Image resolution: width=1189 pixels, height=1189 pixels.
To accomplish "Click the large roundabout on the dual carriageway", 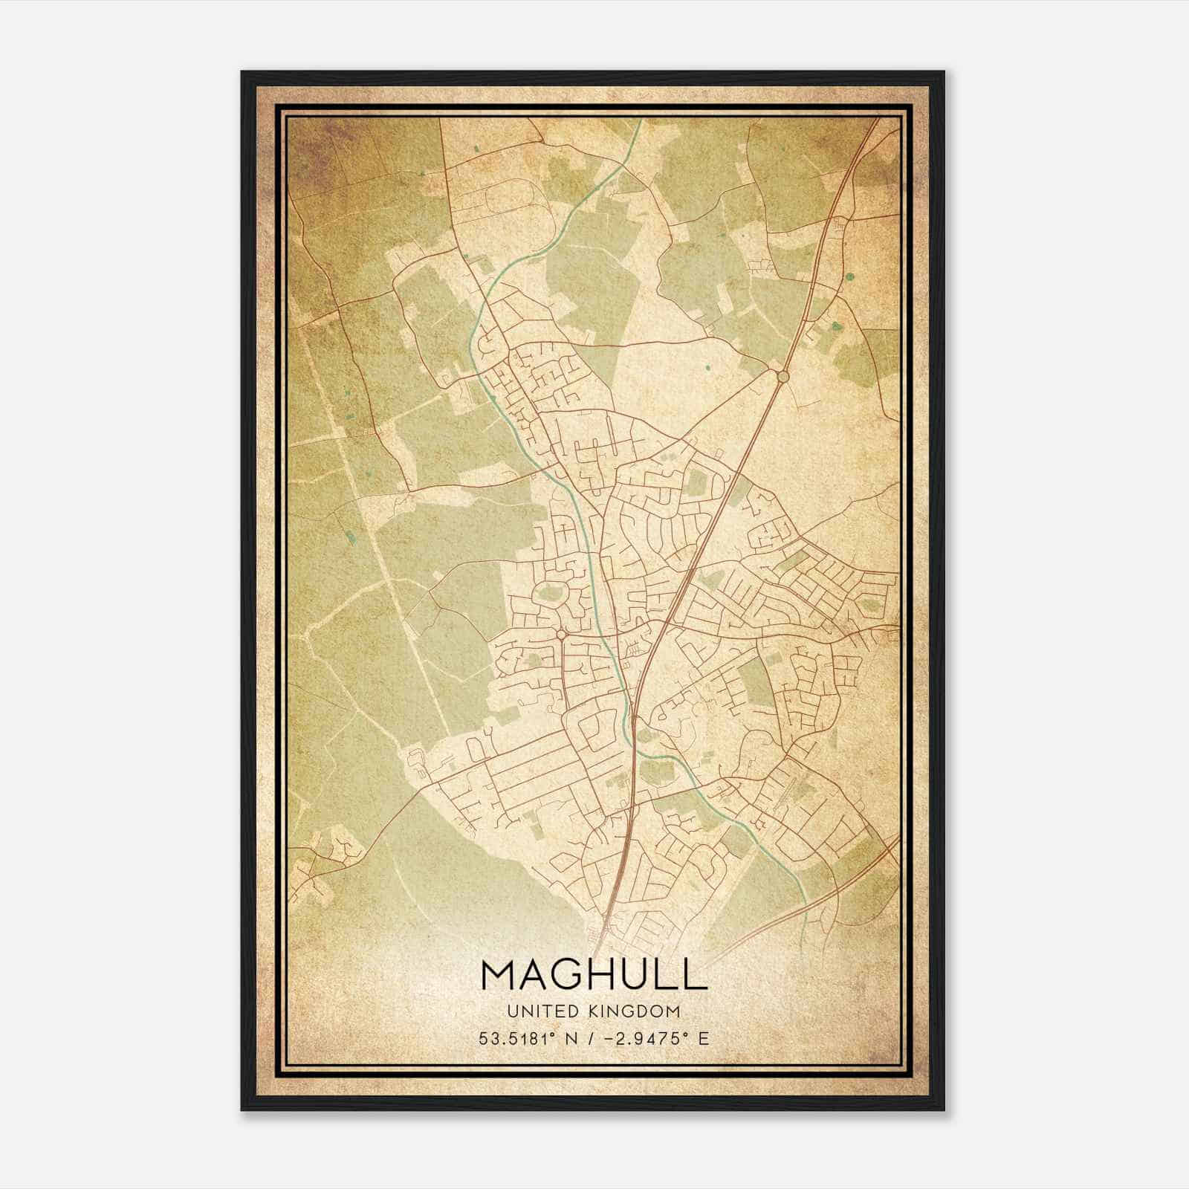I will pos(782,377).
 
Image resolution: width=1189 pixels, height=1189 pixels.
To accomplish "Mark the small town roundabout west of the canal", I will pos(560,635).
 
